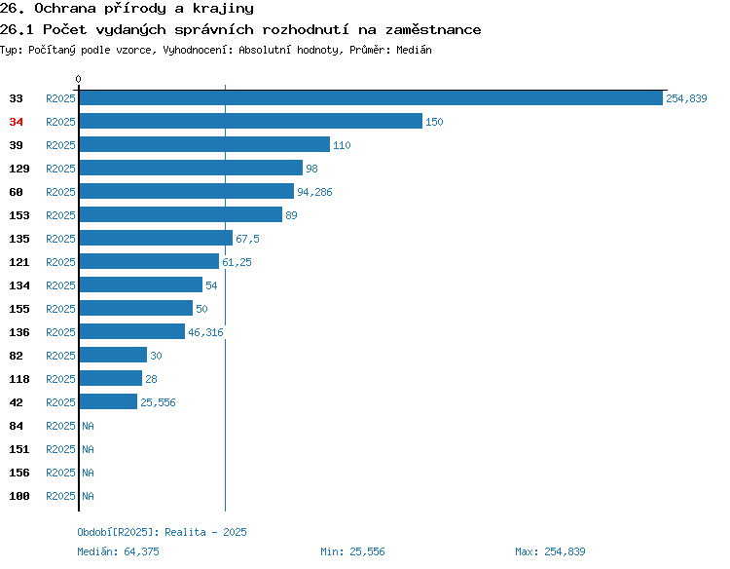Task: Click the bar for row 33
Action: click(x=371, y=97)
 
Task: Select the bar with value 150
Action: click(x=251, y=121)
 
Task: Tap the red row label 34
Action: click(x=16, y=122)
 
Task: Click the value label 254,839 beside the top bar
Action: click(x=686, y=98)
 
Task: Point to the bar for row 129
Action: click(x=191, y=168)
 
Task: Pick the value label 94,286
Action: click(x=314, y=192)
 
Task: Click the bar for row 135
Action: click(x=156, y=238)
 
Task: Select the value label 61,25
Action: click(x=237, y=262)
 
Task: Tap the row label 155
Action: click(x=19, y=309)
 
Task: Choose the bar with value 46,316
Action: click(x=132, y=331)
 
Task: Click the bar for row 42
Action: click(x=108, y=401)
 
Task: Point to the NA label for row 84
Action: click(x=88, y=426)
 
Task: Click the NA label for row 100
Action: click(x=88, y=496)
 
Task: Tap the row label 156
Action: click(x=19, y=473)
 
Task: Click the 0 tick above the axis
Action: click(x=78, y=79)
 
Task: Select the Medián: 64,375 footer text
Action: click(x=118, y=551)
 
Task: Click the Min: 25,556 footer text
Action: click(x=352, y=551)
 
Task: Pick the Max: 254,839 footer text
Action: click(x=550, y=551)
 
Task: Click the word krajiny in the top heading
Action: click(x=223, y=9)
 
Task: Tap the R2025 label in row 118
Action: click(x=60, y=379)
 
